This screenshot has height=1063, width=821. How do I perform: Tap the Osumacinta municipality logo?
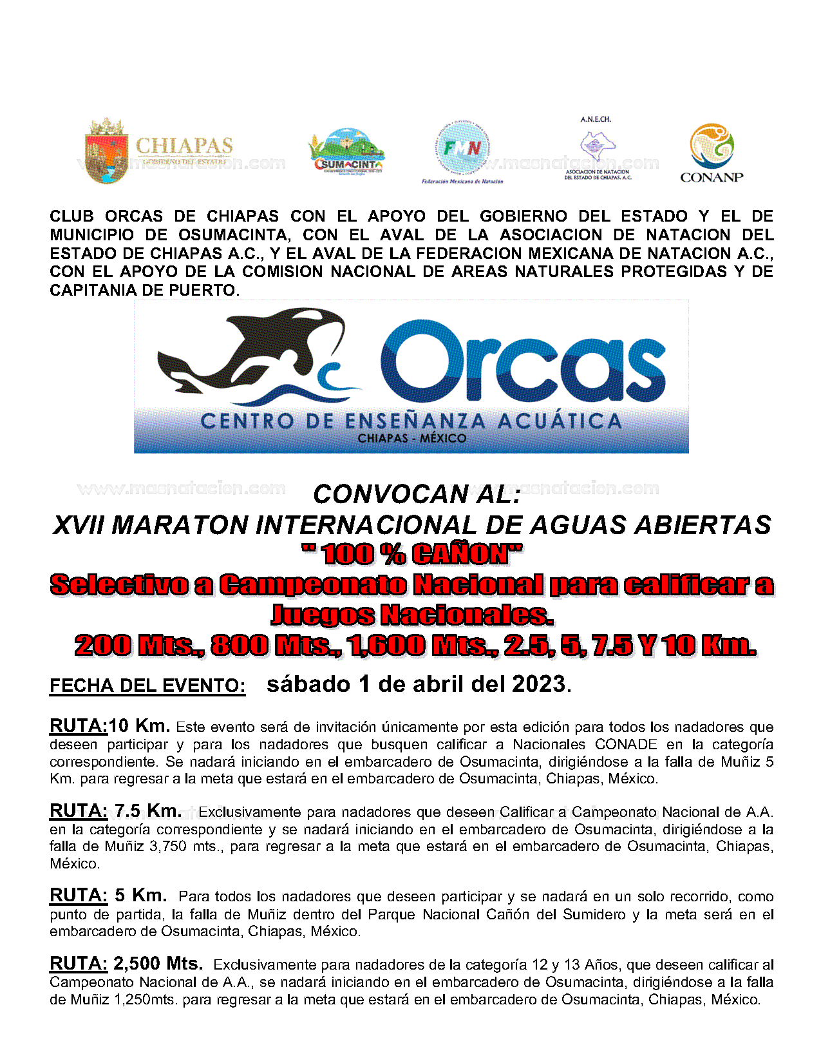(x=348, y=153)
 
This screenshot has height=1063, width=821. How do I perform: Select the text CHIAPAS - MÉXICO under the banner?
(x=412, y=439)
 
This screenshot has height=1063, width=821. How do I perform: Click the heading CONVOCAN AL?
(x=417, y=495)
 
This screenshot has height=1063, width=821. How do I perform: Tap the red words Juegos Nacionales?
(x=412, y=615)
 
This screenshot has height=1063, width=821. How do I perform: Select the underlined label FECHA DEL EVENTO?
(x=147, y=685)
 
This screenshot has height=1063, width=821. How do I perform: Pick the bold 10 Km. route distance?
(x=139, y=726)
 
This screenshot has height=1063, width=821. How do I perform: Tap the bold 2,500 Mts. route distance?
(x=158, y=964)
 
